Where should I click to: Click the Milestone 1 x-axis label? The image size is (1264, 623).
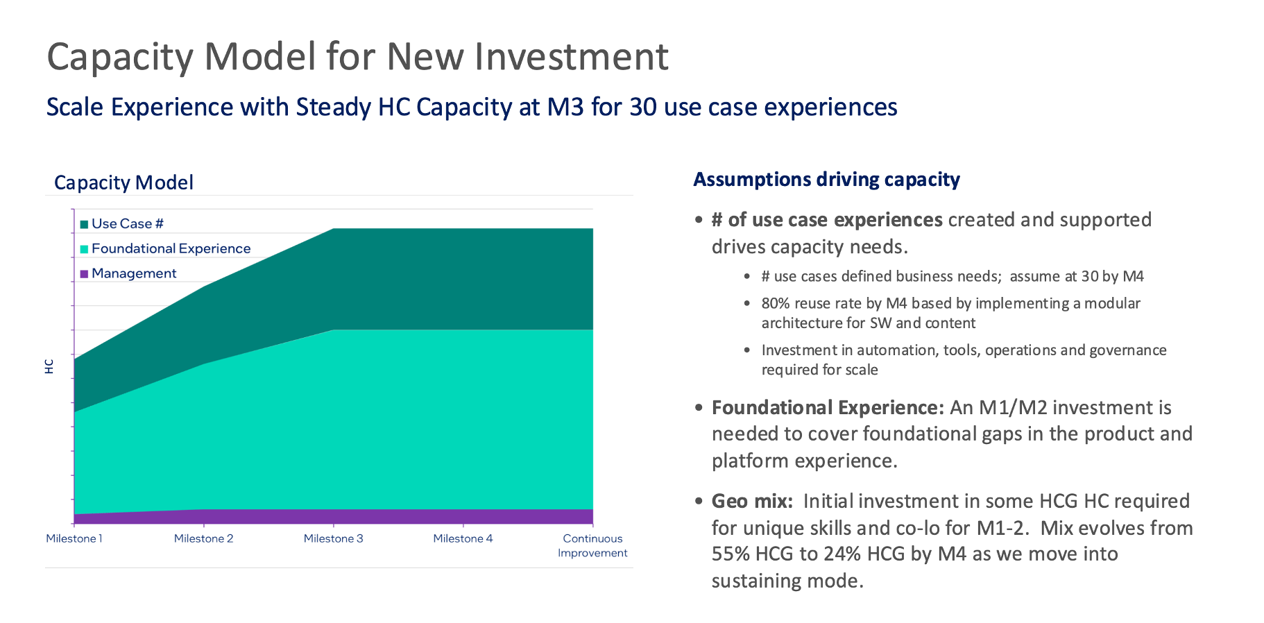[x=74, y=538]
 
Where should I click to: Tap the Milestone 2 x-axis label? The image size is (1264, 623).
[x=203, y=538]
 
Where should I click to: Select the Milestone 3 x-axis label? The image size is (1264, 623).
[x=333, y=538]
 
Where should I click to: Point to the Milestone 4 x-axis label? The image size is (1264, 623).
[x=463, y=538]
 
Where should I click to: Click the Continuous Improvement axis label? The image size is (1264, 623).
[x=592, y=545]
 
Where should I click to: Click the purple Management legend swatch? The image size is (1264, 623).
[x=84, y=274]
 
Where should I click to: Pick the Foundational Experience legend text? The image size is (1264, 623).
[x=171, y=248]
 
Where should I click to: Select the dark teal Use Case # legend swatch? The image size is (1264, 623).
[x=84, y=224]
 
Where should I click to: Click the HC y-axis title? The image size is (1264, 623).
[x=49, y=366]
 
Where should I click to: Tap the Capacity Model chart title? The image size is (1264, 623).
[x=123, y=182]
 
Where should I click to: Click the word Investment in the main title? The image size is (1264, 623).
[x=572, y=57]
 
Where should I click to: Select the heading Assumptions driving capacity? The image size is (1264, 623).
[x=826, y=180]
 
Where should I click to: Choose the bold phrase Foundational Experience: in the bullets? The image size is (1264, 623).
[x=828, y=407]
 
